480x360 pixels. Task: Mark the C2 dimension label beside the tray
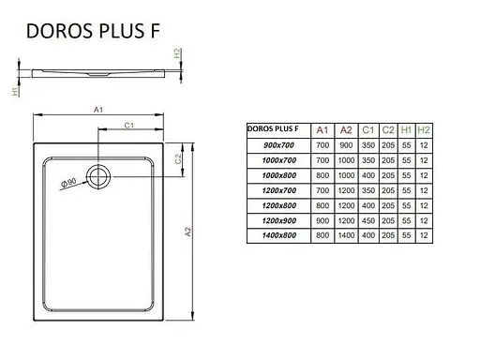[x=178, y=158]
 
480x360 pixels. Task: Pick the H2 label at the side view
[x=178, y=55]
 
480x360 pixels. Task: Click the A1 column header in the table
[x=322, y=130]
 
